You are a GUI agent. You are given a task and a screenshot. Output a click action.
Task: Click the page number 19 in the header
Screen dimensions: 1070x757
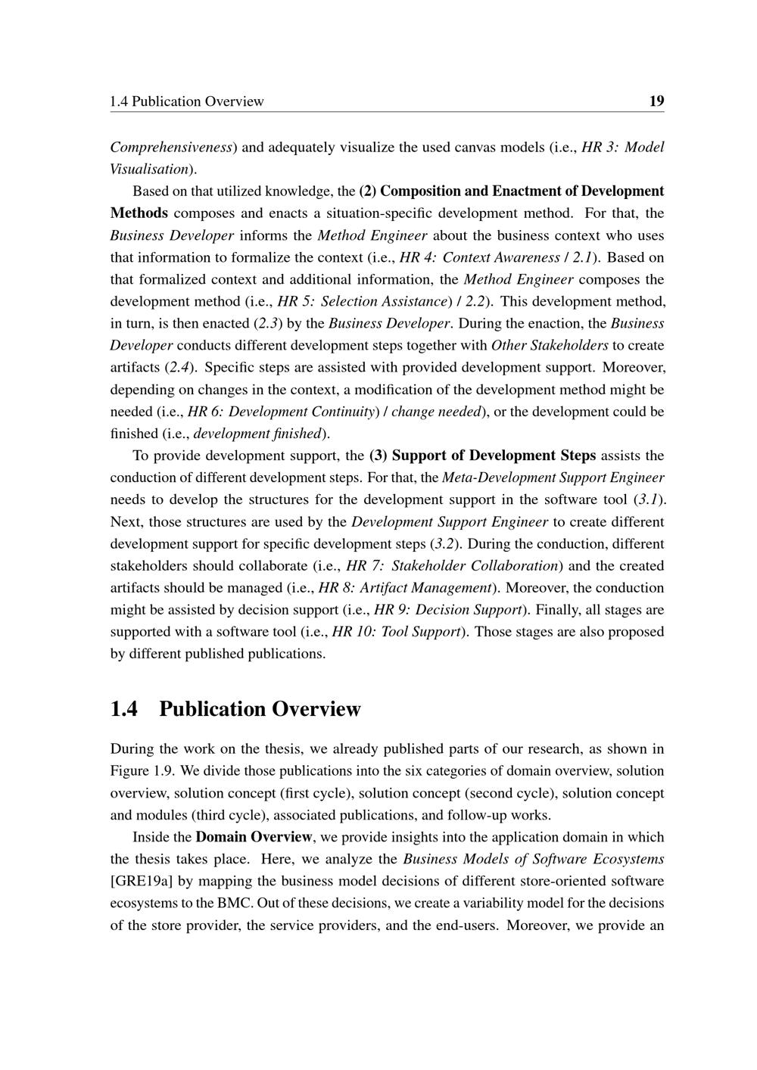(656, 101)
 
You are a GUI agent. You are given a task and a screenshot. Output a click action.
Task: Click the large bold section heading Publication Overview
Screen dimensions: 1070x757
(260, 709)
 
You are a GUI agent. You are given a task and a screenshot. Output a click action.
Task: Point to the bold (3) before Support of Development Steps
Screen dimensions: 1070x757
(378, 456)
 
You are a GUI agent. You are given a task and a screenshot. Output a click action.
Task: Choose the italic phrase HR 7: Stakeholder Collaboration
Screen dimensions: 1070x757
(453, 565)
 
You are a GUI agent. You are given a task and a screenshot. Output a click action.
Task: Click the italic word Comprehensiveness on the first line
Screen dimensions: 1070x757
(171, 147)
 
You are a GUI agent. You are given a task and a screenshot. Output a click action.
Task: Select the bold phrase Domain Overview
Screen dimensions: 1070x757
(254, 837)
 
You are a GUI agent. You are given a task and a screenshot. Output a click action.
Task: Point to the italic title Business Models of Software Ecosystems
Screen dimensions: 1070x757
(534, 859)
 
